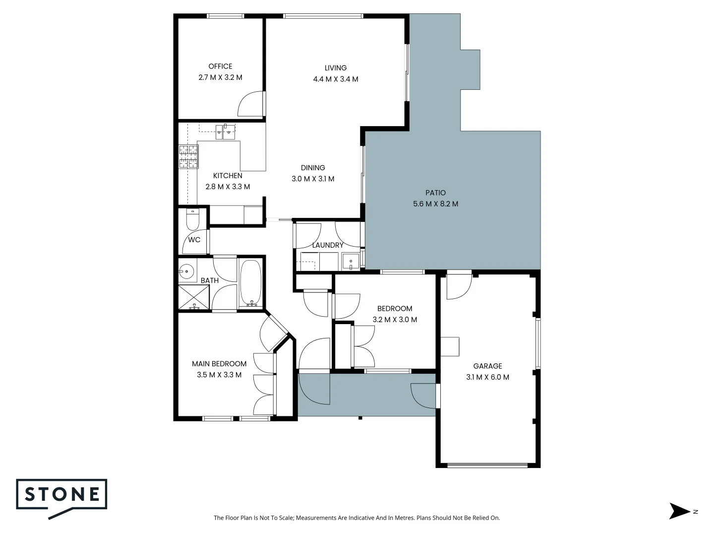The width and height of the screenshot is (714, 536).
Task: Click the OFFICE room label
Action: coord(220,67)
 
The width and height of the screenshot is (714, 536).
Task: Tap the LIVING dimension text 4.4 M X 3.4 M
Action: coord(335,79)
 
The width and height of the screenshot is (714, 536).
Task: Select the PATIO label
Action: coord(435,193)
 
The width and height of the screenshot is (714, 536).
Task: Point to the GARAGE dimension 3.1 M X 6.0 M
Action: coord(487,377)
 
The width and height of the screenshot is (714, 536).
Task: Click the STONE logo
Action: coord(62,495)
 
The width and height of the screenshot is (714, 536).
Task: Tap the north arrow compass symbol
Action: coord(680,511)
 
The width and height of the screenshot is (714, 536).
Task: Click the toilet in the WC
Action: coord(192,219)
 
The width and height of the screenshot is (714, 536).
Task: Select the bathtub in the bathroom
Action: coord(250,282)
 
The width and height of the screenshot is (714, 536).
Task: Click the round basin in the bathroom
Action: coord(186,271)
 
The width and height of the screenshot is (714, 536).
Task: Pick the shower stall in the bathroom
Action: coord(194,297)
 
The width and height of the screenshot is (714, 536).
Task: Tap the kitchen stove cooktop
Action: coord(188,157)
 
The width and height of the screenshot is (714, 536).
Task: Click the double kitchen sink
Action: coord(226,132)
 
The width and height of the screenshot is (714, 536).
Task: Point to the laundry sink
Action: coord(351,261)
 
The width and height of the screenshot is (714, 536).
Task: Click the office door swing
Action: coord(251,105)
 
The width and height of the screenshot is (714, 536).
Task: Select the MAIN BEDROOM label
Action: coord(219,364)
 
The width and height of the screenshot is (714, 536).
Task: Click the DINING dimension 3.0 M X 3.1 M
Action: coord(313,179)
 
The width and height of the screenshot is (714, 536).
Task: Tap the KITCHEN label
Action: coord(228,176)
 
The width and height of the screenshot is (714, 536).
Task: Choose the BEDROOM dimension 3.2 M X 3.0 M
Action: coord(395,320)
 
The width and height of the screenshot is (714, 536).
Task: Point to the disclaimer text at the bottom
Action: coord(357,518)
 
